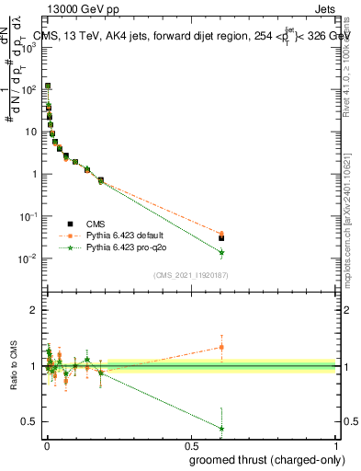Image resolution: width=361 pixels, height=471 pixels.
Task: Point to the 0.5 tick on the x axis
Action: (191, 444)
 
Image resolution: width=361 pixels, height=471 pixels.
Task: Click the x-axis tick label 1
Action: (335, 444)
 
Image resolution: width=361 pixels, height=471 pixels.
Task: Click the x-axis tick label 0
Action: (47, 444)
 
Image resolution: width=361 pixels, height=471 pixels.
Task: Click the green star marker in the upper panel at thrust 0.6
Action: (221, 252)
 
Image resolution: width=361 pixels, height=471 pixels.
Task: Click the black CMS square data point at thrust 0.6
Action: (221, 237)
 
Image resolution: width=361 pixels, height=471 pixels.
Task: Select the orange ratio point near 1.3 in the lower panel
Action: (221, 347)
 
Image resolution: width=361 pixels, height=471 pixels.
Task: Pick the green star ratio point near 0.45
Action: (221, 428)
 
